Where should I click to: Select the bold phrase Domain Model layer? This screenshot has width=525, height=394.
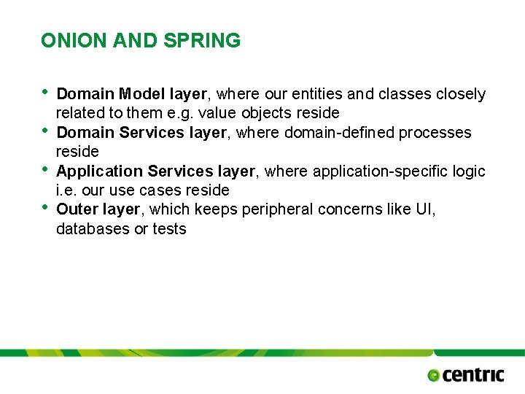pos(132,94)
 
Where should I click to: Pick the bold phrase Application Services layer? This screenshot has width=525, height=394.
pos(155,171)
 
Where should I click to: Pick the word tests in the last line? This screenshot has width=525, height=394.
pos(169,229)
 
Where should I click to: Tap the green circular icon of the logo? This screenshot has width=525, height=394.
pos(434,375)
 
